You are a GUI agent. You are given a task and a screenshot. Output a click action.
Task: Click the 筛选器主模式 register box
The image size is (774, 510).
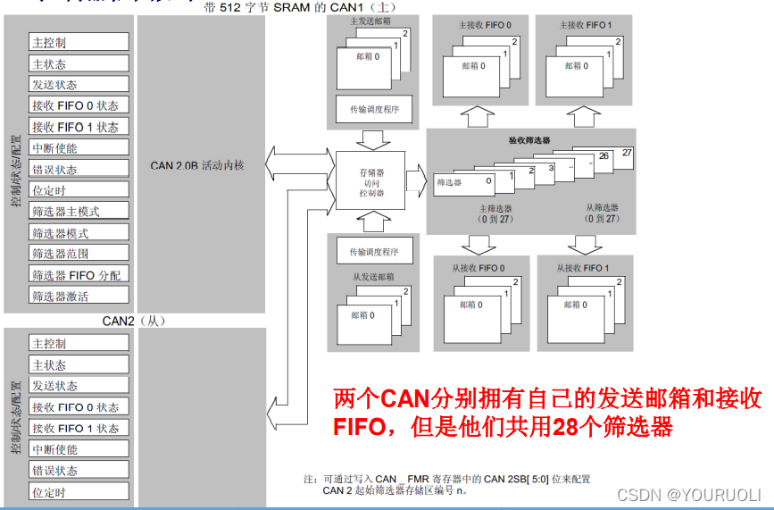click(x=79, y=212)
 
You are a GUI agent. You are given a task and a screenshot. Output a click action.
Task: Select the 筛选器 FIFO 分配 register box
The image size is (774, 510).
click(x=79, y=275)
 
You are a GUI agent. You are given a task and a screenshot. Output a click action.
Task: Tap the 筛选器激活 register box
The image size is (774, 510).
click(x=79, y=297)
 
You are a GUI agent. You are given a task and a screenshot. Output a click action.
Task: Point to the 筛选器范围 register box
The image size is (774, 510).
click(x=79, y=254)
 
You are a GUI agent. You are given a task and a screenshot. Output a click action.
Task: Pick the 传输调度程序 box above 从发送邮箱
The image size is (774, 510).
click(x=368, y=253)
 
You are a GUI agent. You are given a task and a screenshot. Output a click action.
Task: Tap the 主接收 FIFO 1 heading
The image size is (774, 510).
click(x=585, y=25)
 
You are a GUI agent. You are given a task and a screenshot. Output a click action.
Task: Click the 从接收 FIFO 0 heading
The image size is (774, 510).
click(x=478, y=267)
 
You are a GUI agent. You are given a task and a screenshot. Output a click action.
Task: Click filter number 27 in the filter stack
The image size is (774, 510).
click(x=626, y=153)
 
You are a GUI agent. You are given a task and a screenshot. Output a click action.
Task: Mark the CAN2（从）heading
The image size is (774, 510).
click(x=134, y=320)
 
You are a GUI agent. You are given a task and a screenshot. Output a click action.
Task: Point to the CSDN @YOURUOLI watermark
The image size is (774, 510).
click(x=688, y=494)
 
